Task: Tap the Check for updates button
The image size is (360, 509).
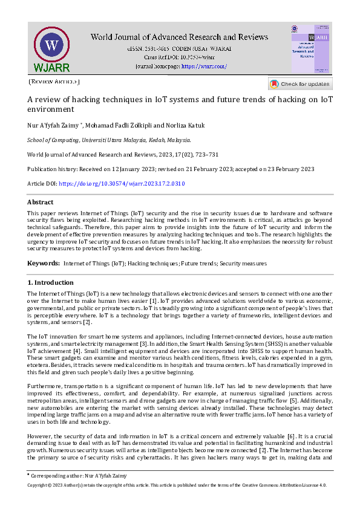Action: (299, 84)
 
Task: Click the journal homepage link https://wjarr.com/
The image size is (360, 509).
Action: (204, 66)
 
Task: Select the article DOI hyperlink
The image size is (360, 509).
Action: (122, 183)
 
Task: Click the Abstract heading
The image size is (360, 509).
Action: (40, 202)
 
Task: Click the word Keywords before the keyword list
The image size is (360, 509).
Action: (43, 263)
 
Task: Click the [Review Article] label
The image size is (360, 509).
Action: (54, 80)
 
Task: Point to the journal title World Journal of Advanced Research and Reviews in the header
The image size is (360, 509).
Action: (179, 37)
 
